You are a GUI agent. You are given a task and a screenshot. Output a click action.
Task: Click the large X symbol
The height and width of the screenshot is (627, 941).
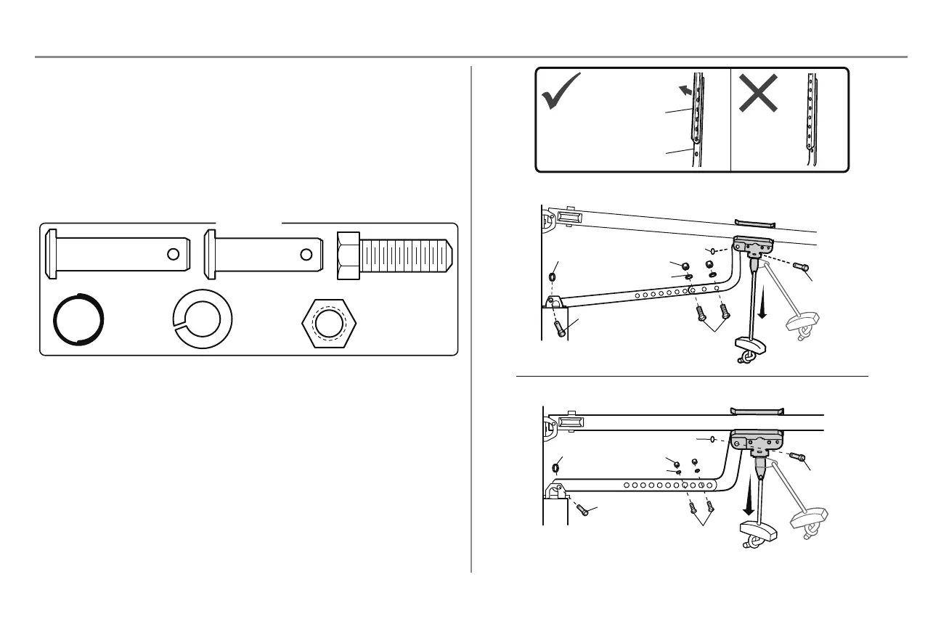[759, 93]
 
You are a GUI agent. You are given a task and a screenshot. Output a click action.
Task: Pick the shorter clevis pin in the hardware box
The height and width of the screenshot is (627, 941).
[262, 253]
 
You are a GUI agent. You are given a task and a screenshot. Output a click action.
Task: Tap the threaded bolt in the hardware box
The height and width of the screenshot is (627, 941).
[396, 253]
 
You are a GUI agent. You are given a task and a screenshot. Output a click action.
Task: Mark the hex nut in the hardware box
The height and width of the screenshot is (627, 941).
[331, 325]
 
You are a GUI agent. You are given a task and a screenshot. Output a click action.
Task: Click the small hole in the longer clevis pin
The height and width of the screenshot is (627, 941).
[173, 254]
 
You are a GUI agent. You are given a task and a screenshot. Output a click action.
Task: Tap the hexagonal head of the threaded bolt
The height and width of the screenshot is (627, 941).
[349, 253]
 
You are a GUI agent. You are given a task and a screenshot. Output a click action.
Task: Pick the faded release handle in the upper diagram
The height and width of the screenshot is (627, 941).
[804, 321]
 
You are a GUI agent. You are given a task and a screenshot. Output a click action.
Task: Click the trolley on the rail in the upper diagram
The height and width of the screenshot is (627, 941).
[754, 247]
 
